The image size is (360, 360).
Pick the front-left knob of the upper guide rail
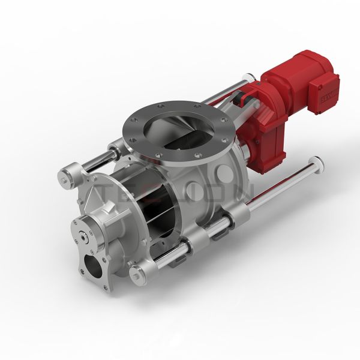pyautogui.click(x=68, y=176)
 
